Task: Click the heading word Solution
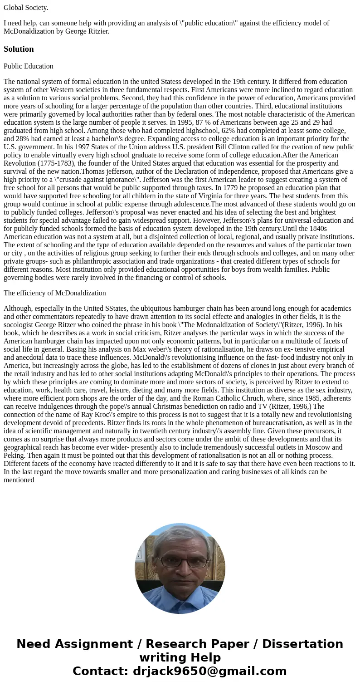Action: [19, 49]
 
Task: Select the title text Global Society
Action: [26, 7]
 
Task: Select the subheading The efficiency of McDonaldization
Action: [55, 293]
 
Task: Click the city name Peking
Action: [15, 456]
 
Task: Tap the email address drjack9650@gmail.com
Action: [209, 671]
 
